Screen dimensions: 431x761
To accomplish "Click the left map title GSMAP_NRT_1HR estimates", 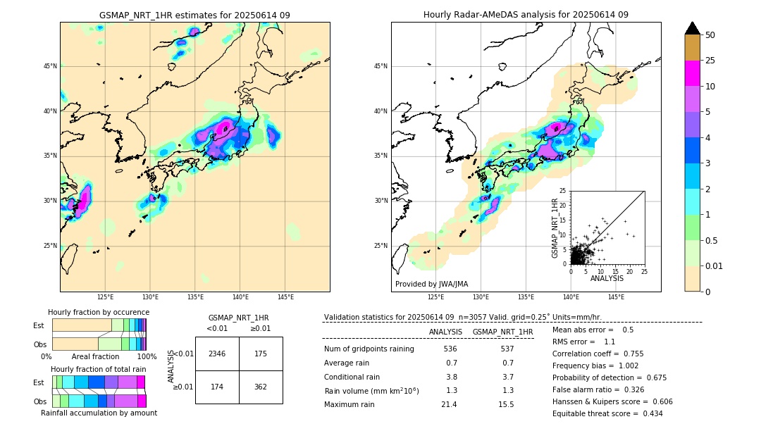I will click(x=194, y=15).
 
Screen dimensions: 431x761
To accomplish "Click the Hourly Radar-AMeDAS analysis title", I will click(x=526, y=15).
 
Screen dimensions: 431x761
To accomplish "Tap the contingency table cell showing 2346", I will click(x=217, y=354).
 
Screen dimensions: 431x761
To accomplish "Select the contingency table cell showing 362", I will click(x=261, y=387).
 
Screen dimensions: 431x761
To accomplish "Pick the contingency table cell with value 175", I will click(x=261, y=354).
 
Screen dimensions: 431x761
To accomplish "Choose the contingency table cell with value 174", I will click(x=217, y=387).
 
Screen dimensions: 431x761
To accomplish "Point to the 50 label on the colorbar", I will click(x=710, y=35).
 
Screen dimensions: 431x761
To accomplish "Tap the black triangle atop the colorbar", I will click(x=693, y=28).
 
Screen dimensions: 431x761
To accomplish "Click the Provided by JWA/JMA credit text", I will click(x=431, y=285).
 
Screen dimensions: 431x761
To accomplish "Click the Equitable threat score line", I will click(x=607, y=413).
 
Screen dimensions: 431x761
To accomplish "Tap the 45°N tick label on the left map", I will click(x=50, y=66).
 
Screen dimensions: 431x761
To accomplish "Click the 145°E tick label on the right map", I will click(x=616, y=297).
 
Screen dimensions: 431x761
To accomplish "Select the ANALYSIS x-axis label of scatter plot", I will click(x=607, y=278).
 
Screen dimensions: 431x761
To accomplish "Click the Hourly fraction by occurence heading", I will click(x=99, y=312).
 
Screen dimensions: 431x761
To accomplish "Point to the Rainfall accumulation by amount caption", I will click(x=99, y=413).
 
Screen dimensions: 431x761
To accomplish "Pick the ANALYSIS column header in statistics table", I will click(x=445, y=332).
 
